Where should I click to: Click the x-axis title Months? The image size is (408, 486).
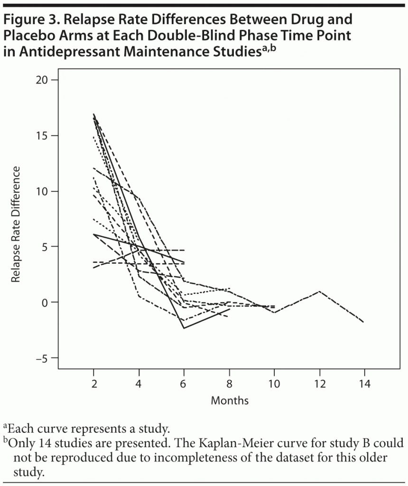tap(229, 401)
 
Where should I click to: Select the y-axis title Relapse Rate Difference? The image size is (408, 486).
tap(17, 224)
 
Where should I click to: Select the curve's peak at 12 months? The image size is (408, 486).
tap(320, 291)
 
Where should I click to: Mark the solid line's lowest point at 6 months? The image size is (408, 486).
tap(184, 328)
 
